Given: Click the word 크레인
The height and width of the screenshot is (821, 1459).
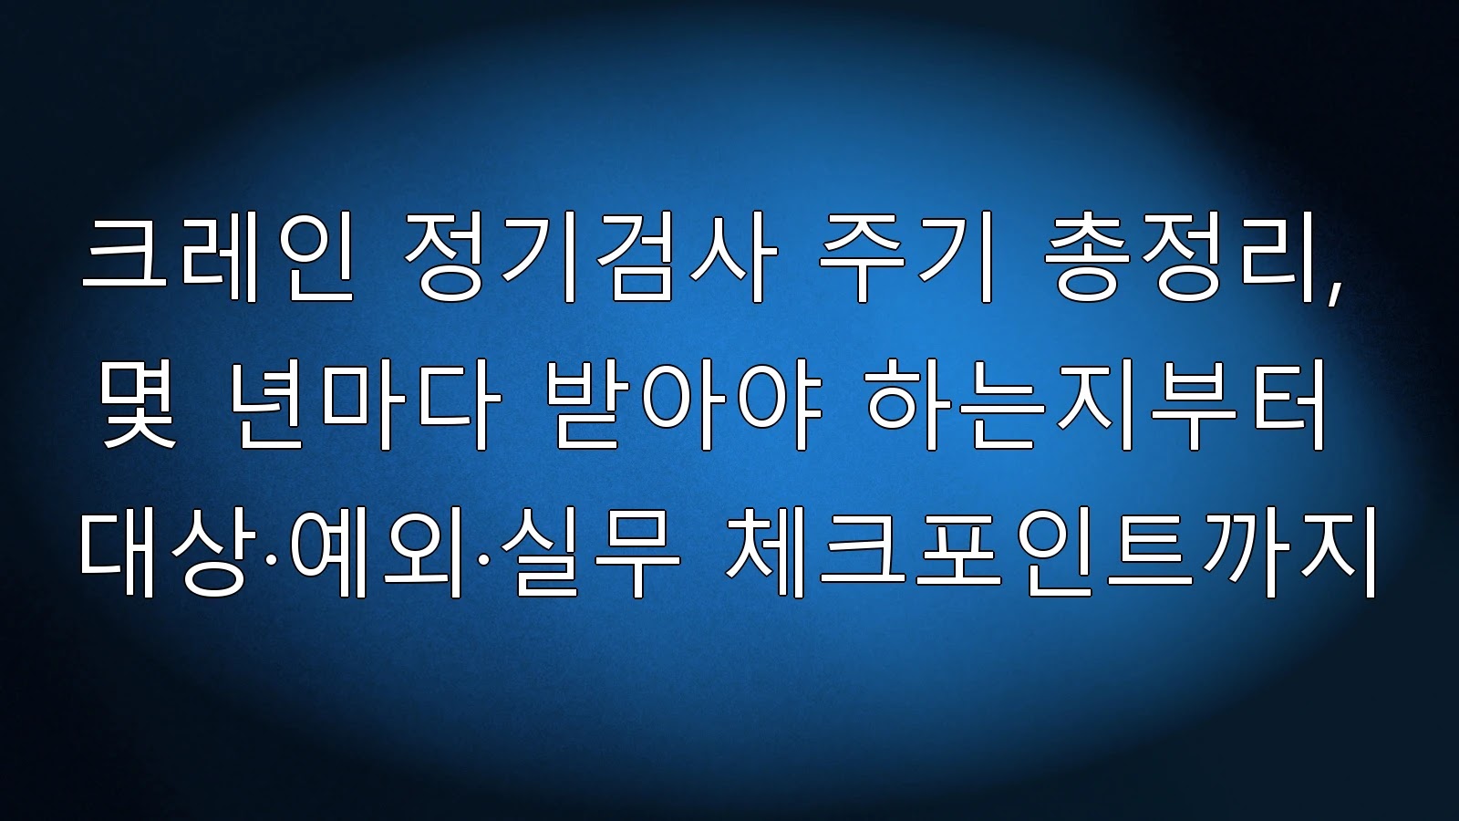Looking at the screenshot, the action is [x=218, y=256].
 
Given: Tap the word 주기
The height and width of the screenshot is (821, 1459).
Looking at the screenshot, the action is [x=906, y=256].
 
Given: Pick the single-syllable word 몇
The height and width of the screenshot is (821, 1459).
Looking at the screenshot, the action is [x=139, y=404].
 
